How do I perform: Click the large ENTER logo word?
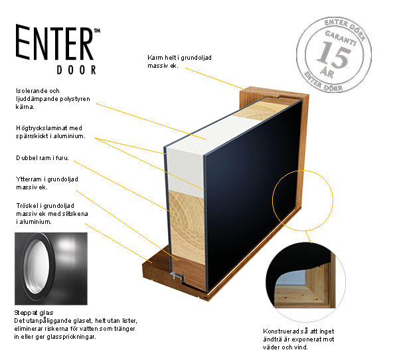click(54, 42)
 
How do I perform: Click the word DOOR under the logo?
click(76, 70)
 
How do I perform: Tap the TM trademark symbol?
click(97, 31)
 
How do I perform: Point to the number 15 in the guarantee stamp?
click(334, 54)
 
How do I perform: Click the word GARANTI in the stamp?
click(341, 38)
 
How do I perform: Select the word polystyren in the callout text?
click(75, 99)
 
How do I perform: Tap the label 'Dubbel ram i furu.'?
click(42, 158)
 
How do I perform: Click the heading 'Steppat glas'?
click(34, 313)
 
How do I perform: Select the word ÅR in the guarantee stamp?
click(327, 72)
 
